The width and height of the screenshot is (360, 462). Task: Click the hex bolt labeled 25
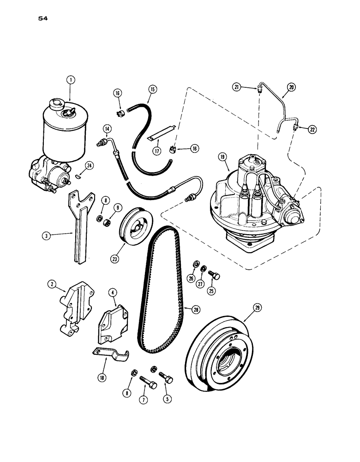tap(215, 275)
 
